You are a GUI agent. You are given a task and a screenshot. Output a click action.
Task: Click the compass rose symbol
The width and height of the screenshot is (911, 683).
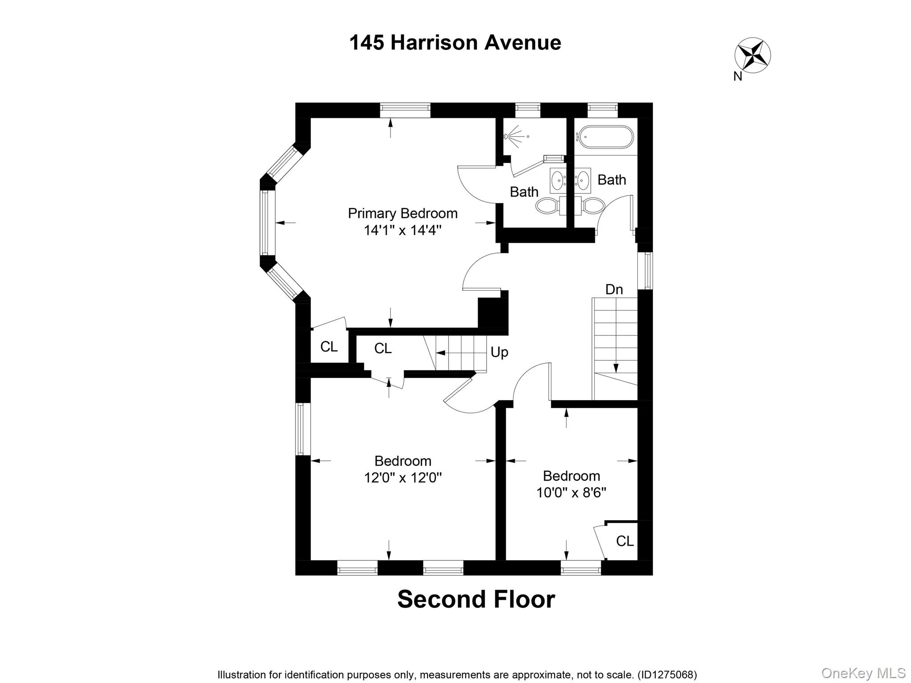pyautogui.click(x=752, y=55)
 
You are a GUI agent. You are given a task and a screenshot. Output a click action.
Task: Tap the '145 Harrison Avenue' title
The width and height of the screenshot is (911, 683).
pyautogui.click(x=455, y=43)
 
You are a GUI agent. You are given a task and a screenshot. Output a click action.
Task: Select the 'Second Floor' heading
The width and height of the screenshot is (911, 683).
pyautogui.click(x=476, y=599)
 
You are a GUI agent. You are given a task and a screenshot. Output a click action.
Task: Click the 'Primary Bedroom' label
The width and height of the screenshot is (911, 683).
pyautogui.click(x=403, y=213)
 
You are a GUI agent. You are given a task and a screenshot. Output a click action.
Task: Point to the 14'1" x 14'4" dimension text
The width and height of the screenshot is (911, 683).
pyautogui.click(x=403, y=230)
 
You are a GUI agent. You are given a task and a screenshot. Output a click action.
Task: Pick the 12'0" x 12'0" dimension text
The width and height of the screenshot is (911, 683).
pyautogui.click(x=403, y=478)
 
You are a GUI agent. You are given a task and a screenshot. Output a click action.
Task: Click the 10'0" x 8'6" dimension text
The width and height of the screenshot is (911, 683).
pyautogui.click(x=571, y=493)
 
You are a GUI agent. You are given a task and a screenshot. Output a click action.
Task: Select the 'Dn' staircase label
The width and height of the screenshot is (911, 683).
pyautogui.click(x=614, y=289)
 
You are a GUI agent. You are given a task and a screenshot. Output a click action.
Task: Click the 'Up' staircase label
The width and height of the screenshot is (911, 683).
pyautogui.click(x=499, y=352)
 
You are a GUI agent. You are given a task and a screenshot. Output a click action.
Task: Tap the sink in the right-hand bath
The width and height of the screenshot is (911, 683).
pyautogui.click(x=583, y=180)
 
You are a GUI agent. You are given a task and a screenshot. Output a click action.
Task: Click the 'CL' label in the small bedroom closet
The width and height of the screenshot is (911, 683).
pyautogui.click(x=625, y=541)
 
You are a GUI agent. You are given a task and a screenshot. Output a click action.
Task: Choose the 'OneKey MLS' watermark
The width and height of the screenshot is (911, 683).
pyautogui.click(x=863, y=673)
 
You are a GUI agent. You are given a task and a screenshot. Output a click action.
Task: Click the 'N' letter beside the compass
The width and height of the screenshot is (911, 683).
pyautogui.click(x=738, y=76)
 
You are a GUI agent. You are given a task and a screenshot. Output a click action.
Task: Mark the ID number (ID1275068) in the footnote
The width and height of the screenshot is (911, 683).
pyautogui.click(x=667, y=675)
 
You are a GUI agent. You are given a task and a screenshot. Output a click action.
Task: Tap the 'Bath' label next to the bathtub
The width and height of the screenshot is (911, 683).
pyautogui.click(x=612, y=180)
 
